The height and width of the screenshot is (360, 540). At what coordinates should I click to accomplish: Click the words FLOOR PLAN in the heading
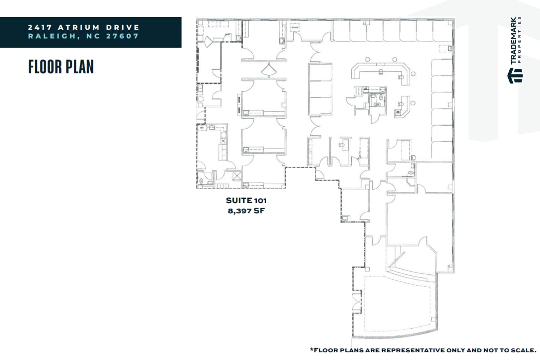(x=61, y=67)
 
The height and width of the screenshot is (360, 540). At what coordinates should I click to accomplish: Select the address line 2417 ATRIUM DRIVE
(x=84, y=27)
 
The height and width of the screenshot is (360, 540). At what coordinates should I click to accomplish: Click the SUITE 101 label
(x=246, y=201)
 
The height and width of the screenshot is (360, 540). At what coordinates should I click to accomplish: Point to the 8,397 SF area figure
(x=246, y=210)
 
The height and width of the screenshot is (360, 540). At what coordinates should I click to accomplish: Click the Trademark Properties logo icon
(x=515, y=76)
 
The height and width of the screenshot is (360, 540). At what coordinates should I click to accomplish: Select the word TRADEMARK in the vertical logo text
(x=513, y=43)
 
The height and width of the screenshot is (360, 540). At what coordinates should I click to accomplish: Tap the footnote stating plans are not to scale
(x=423, y=350)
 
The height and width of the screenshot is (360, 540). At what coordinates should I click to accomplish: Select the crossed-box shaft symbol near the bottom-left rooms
(x=237, y=175)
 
